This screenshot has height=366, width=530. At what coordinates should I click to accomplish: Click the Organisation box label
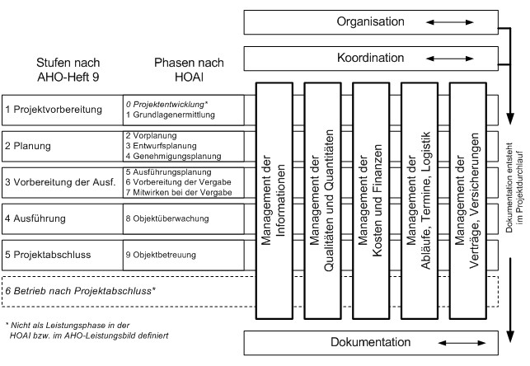(x=370, y=21)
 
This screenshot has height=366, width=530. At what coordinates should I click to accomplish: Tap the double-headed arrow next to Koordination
(x=449, y=59)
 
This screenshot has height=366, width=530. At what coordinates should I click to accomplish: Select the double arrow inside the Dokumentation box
(x=462, y=343)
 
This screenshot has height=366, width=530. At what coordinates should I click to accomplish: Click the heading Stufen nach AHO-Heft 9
(x=68, y=69)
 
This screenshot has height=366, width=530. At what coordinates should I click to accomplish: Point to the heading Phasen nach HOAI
(x=189, y=69)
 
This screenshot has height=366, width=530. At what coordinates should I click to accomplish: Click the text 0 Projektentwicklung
(x=166, y=104)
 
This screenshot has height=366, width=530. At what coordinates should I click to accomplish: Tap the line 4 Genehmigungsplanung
(x=173, y=156)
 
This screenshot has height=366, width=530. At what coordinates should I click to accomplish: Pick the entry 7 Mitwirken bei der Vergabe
(x=179, y=192)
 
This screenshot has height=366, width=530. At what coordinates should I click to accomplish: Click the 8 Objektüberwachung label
(x=167, y=218)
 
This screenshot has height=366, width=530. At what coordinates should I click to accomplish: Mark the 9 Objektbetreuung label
(x=161, y=255)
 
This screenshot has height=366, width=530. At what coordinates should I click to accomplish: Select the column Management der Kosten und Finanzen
(x=370, y=200)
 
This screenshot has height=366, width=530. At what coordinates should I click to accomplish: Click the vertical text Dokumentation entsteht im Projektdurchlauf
(x=514, y=188)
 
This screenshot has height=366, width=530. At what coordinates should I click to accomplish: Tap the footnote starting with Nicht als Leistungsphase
(x=87, y=331)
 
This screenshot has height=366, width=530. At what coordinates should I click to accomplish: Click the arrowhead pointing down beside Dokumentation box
(x=510, y=336)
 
